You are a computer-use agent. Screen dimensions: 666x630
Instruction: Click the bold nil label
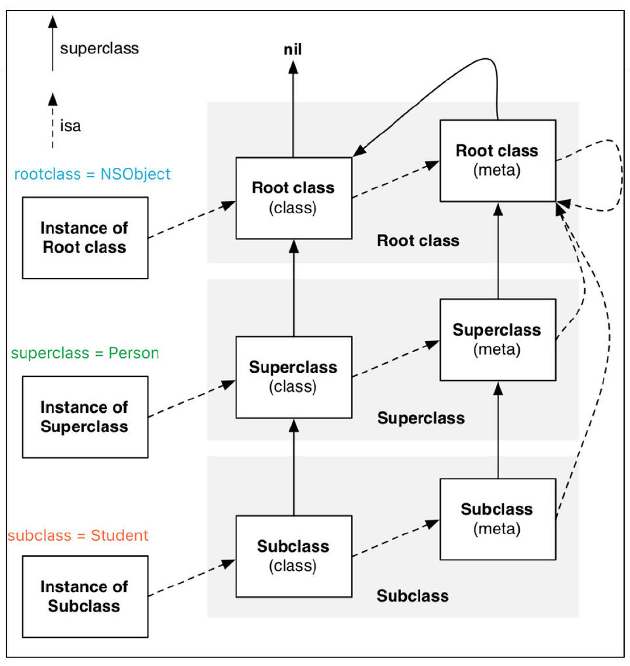(293, 49)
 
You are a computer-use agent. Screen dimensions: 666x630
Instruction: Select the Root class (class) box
(293, 198)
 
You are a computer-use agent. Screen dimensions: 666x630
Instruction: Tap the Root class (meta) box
(497, 161)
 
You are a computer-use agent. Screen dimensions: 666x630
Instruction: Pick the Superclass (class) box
(293, 377)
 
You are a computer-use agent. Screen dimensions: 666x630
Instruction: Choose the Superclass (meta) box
(497, 340)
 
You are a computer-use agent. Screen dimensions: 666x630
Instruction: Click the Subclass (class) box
(293, 556)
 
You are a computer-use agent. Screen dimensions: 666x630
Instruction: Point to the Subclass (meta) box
(497, 519)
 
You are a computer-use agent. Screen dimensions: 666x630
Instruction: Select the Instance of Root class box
(85, 238)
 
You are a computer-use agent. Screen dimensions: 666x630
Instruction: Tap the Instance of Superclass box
(85, 417)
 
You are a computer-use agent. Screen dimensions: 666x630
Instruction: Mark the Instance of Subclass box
(85, 596)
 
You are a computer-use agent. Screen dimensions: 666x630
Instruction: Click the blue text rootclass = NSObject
(93, 174)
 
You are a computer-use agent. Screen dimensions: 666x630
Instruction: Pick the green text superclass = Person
(85, 353)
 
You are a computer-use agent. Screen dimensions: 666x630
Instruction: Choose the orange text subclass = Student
(78, 536)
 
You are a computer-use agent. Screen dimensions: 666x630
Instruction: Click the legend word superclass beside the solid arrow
(99, 49)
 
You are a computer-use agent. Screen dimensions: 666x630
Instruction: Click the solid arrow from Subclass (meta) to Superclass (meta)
(497, 433)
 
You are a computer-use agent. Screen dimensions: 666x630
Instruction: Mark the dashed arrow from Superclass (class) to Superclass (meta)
(396, 359)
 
